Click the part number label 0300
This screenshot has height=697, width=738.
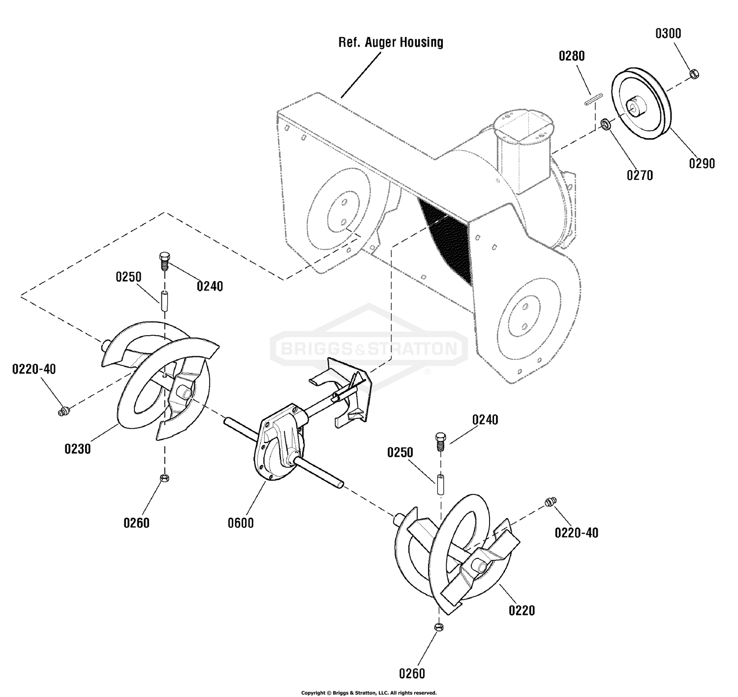coord(668,34)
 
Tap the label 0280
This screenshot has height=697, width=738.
coord(572,56)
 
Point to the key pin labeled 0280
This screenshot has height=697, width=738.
coord(593,99)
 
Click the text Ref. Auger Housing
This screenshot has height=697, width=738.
coord(391,42)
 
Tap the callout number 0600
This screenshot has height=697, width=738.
coord(241,523)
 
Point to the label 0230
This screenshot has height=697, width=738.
coord(78,449)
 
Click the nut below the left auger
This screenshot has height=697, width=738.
coord(164,478)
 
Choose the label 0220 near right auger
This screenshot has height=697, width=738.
coord(522,610)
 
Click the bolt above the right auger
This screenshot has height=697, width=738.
coord(440,441)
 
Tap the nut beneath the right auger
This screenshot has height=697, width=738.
coord(439,627)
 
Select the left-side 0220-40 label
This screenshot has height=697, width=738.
coord(34,369)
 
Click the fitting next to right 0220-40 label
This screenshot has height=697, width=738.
coord(551,501)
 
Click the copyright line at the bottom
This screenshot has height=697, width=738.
coord(369,693)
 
